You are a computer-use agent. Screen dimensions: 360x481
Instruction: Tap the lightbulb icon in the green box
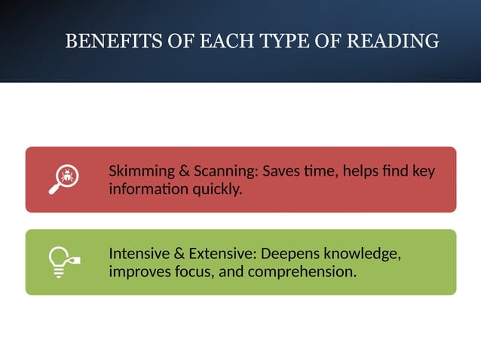click(x=63, y=262)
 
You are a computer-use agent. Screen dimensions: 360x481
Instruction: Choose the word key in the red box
click(x=424, y=171)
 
